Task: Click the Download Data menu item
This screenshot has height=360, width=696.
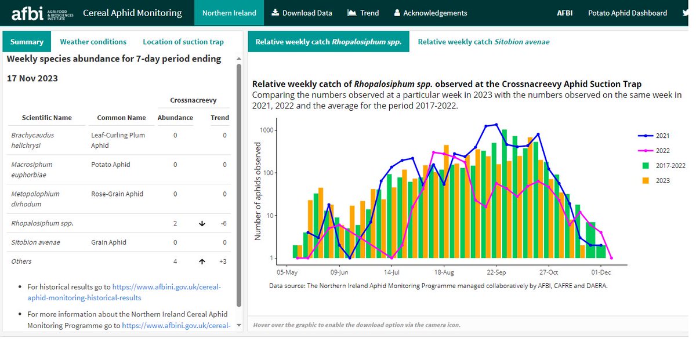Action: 302,13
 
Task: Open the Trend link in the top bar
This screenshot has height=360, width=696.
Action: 363,13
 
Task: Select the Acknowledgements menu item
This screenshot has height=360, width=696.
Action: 430,13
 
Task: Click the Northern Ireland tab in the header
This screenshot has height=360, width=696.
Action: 229,13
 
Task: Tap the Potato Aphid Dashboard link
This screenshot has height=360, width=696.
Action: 628,13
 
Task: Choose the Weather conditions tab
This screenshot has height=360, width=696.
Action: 93,42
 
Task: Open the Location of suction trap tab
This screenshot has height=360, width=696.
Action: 183,42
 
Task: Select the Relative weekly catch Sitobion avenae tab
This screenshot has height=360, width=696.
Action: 483,42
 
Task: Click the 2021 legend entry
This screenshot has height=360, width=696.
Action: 662,136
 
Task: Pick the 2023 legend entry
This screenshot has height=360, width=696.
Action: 662,180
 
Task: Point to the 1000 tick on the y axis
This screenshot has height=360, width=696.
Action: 266,130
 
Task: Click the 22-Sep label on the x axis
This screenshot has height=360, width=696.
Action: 496,271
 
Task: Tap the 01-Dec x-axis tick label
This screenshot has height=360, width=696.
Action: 600,271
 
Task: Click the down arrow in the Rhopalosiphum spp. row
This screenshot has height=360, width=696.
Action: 202,223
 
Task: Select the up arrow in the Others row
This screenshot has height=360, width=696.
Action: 202,261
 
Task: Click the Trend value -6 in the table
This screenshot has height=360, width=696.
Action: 223,223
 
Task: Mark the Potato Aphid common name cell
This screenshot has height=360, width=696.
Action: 111,165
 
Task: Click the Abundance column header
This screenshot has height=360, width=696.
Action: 175,118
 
